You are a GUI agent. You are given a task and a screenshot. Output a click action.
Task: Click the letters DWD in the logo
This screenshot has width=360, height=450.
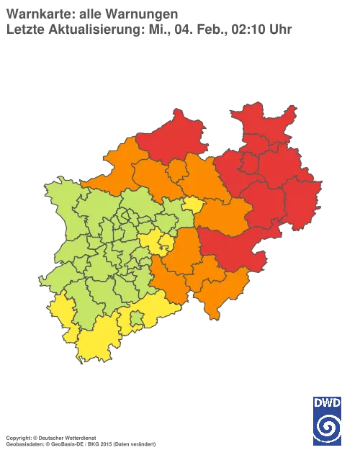(327, 402)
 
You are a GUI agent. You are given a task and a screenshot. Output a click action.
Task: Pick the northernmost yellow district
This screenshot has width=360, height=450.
(192, 205)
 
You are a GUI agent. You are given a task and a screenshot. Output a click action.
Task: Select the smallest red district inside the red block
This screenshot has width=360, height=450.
(248, 164)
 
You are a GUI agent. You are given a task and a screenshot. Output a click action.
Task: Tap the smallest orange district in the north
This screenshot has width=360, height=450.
(175, 171)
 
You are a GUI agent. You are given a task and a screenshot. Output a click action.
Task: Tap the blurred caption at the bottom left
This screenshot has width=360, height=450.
(79, 437)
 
